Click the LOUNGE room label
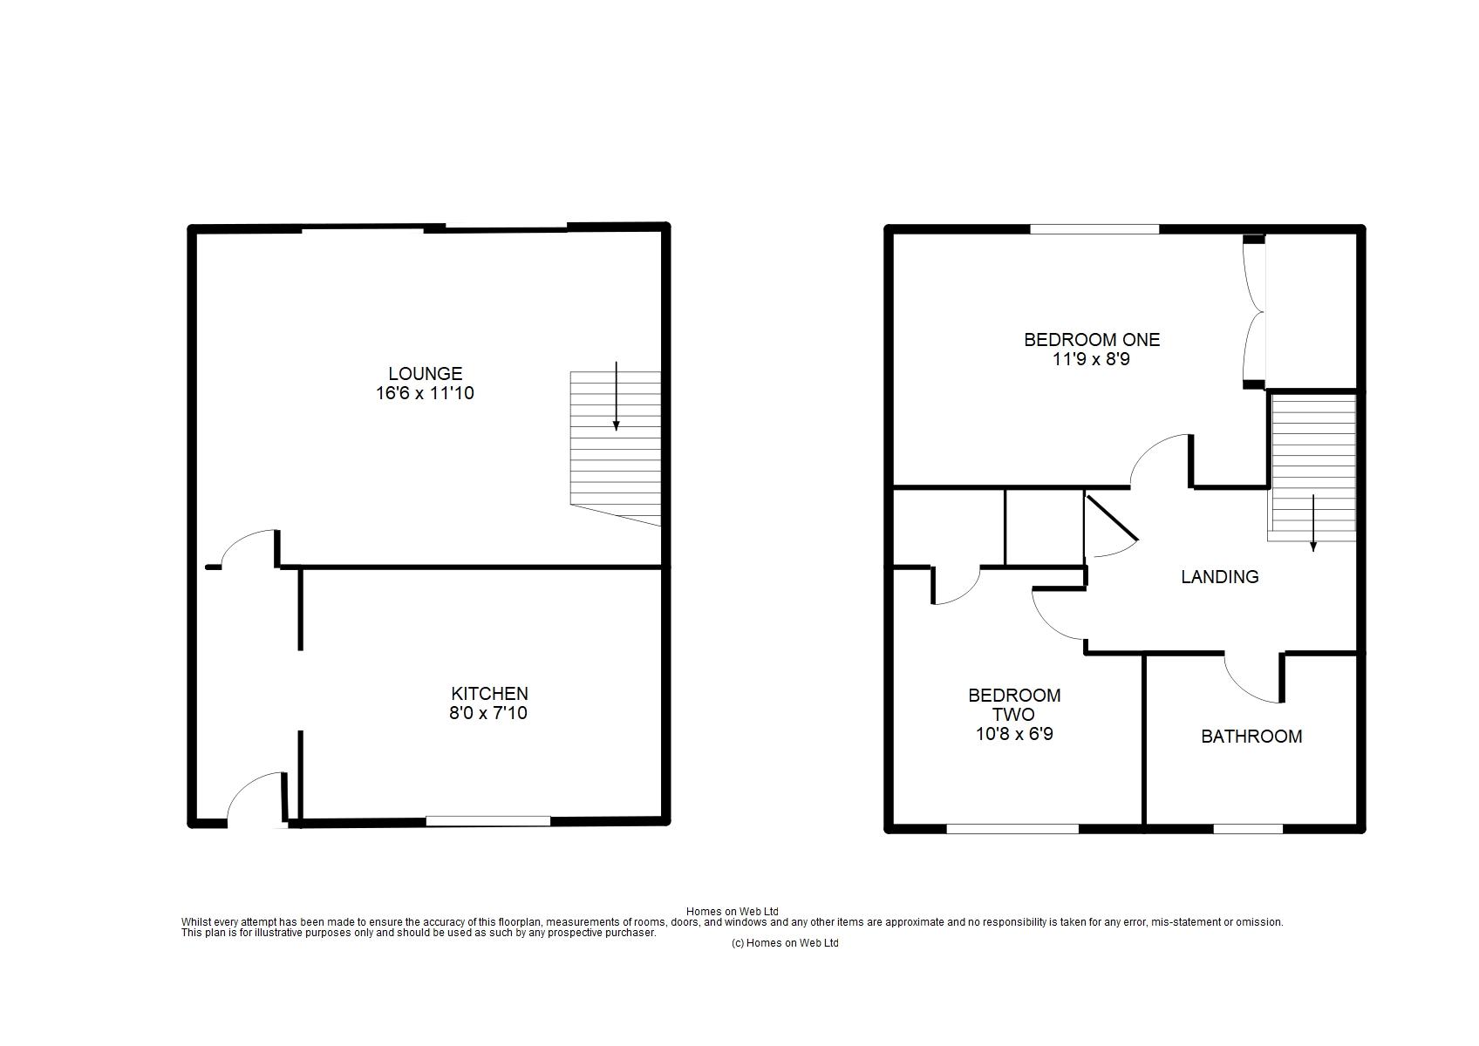coord(426,374)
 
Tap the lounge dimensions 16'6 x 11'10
coord(426,393)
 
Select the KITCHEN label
coord(489,694)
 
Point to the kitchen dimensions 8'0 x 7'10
coord(488,713)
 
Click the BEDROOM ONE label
coord(1092,340)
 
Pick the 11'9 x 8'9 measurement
coord(1092,360)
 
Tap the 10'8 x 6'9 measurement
coord(1014,734)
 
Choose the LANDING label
coord(1219,577)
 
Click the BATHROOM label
coord(1251,737)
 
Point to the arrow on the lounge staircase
coord(616,396)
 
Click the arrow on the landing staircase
coord(1312,523)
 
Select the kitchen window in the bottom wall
coord(488,821)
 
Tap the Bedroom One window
coord(1094,229)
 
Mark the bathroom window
coord(1248,829)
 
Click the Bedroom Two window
coord(1012,829)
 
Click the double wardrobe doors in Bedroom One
coord(1252,312)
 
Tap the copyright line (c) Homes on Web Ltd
coord(784,943)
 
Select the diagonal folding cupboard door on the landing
coord(1112,518)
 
